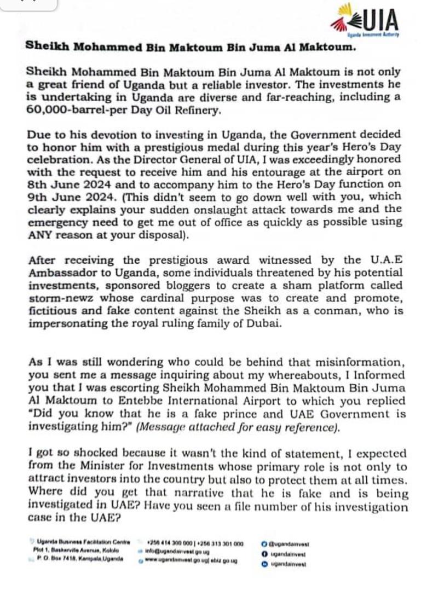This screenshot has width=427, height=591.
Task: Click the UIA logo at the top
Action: [365, 21]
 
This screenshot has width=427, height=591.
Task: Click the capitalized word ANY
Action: [40, 235]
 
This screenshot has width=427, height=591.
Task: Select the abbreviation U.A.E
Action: [379, 260]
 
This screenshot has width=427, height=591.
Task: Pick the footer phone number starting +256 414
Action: [165, 544]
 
